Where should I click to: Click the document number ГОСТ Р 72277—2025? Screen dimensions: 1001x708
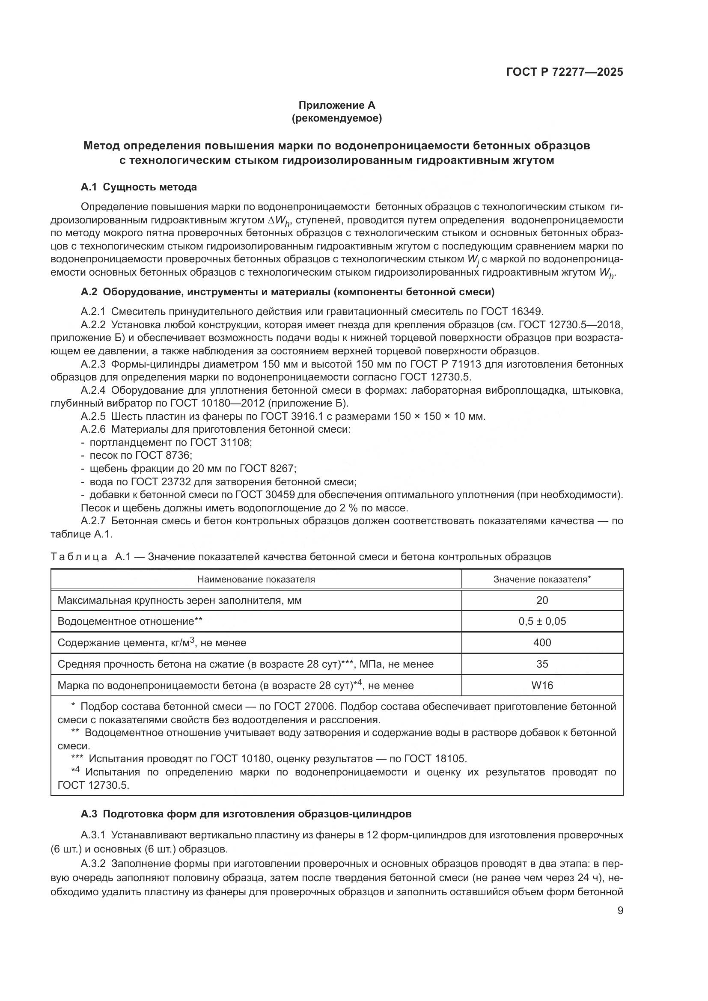click(x=565, y=72)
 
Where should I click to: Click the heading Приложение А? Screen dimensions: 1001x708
click(x=336, y=105)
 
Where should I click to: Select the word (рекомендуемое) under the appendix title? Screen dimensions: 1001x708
click(x=336, y=119)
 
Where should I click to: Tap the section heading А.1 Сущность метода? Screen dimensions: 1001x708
click(x=139, y=187)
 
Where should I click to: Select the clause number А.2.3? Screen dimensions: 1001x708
click(x=93, y=364)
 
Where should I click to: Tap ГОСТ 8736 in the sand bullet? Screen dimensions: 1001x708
click(x=163, y=456)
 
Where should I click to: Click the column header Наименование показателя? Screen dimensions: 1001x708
click(x=256, y=579)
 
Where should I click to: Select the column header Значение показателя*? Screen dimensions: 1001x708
click(x=542, y=579)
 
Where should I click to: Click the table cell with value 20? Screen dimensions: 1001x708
click(x=542, y=600)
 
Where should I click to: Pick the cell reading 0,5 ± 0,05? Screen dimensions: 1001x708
click(x=542, y=621)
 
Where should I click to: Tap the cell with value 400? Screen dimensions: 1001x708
click(x=542, y=643)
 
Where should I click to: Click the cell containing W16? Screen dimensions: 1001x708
click(x=542, y=685)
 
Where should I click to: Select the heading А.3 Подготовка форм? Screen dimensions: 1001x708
click(x=246, y=814)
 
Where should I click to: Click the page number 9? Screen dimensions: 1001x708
click(x=620, y=911)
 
